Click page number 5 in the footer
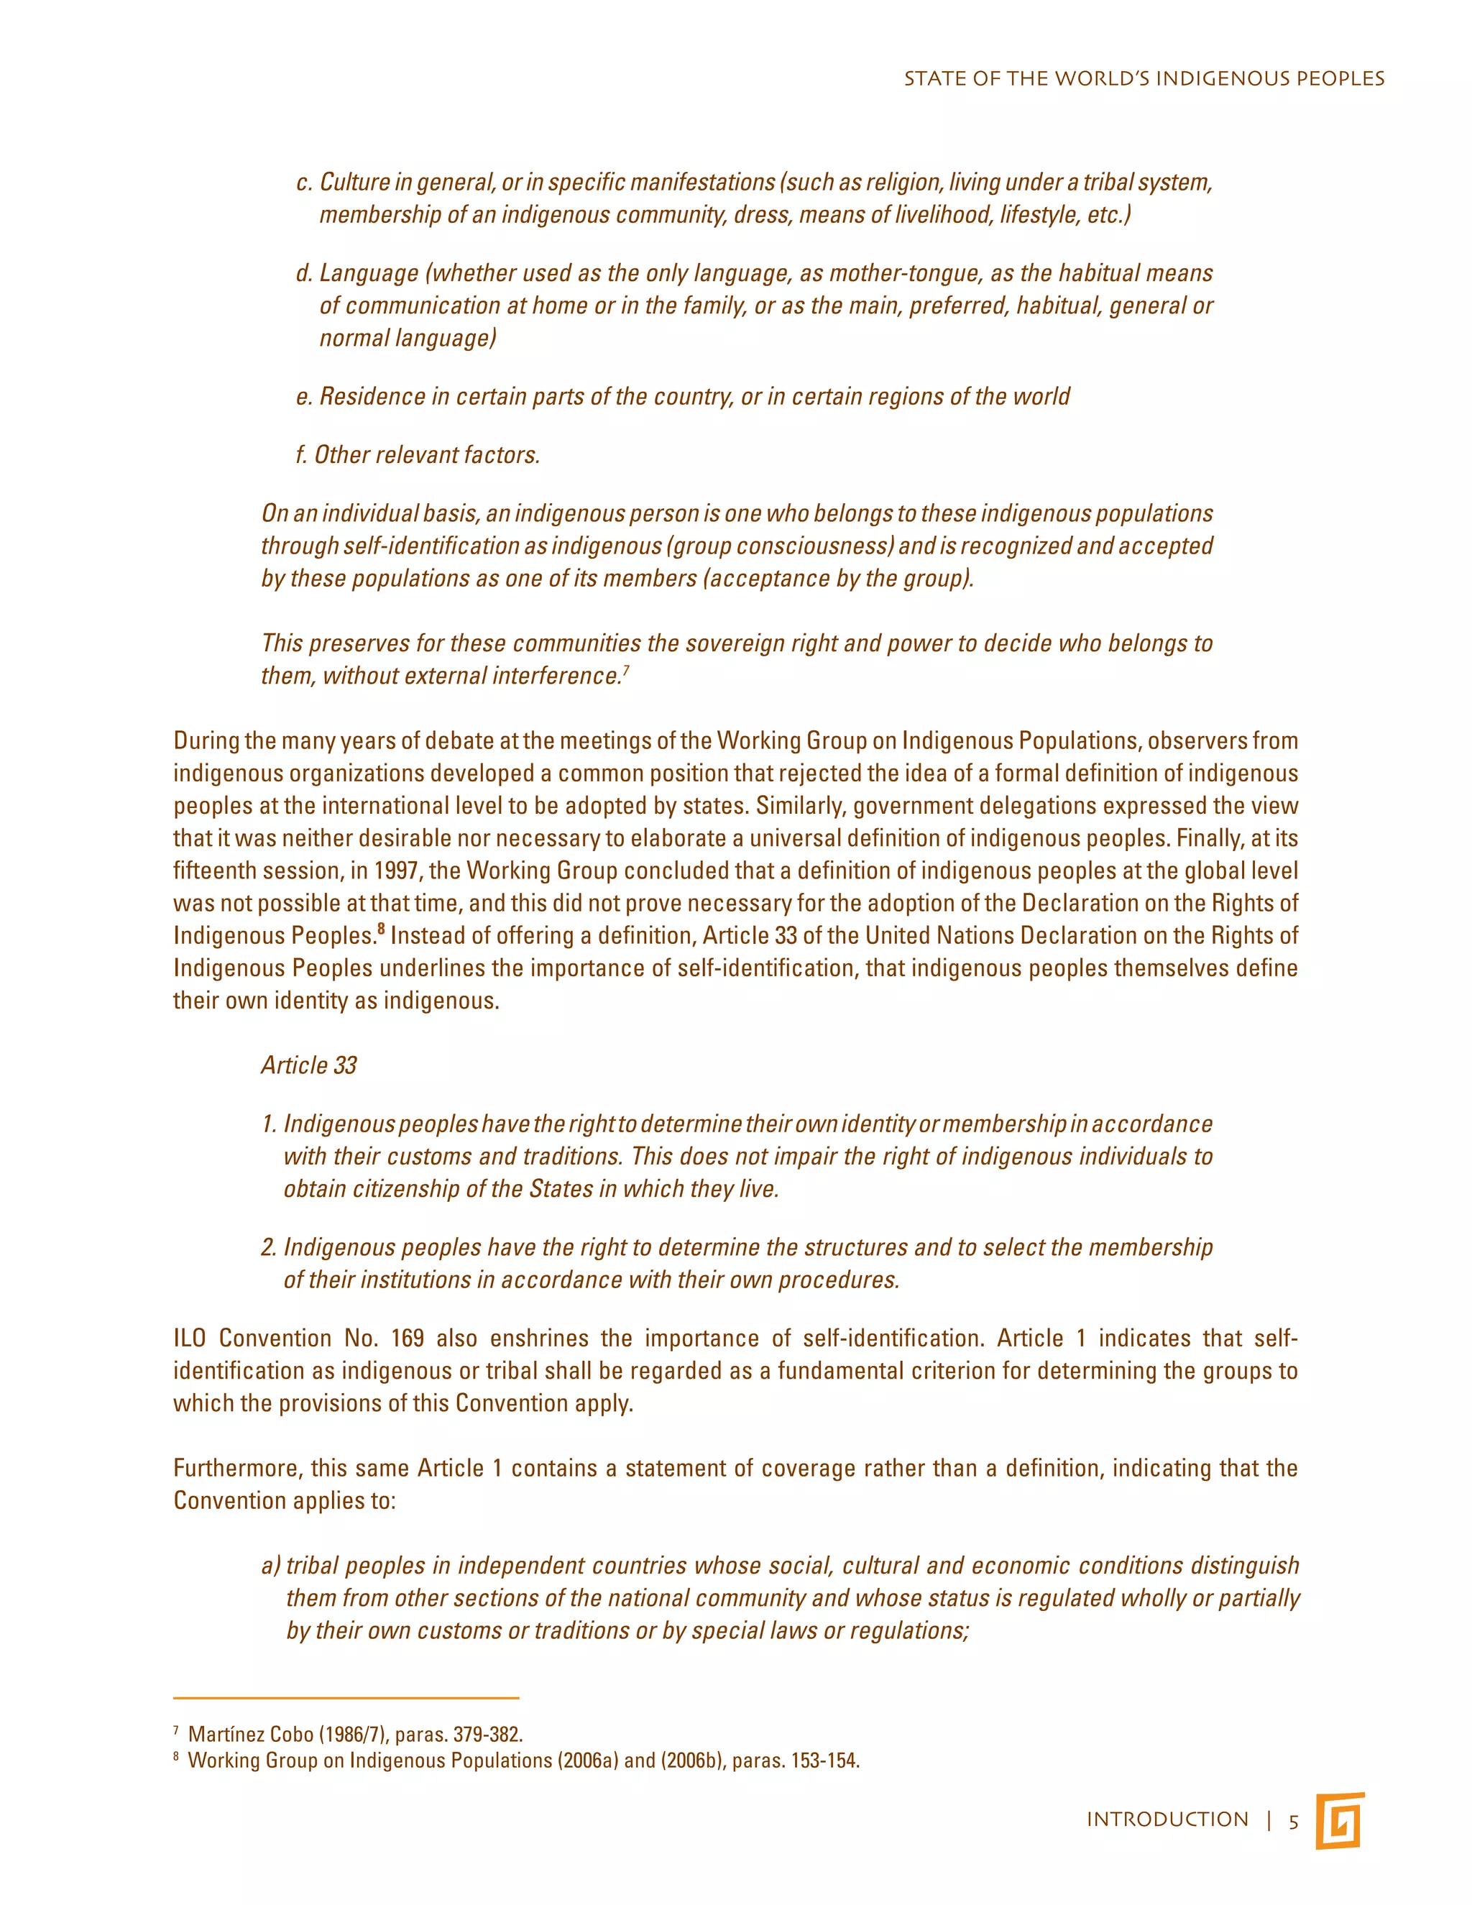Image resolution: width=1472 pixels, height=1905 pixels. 1294,1822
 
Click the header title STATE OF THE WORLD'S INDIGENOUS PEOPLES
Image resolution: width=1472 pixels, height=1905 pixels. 1144,78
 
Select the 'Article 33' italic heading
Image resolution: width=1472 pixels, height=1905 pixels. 308,1065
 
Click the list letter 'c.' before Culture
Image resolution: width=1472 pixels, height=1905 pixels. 303,183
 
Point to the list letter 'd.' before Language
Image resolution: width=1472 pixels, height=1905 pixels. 303,273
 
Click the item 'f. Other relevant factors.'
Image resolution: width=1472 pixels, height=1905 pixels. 418,454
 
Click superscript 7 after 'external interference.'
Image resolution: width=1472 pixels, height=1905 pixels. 626,670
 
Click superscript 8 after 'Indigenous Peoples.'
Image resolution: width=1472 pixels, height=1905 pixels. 381,929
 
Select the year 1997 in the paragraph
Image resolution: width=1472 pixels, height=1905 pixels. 394,871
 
